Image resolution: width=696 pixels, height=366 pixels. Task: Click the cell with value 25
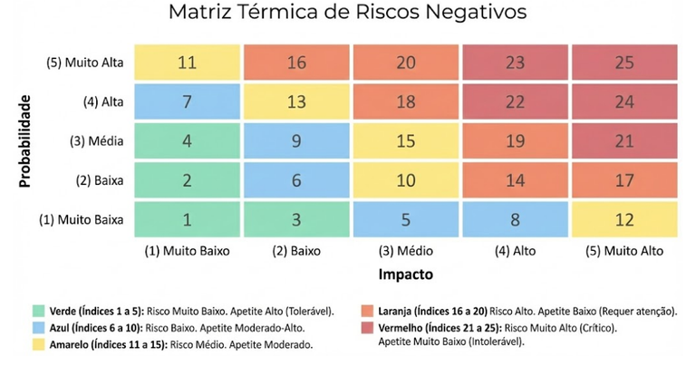pyautogui.click(x=623, y=63)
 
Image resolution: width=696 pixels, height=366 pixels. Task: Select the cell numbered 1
pyautogui.click(x=188, y=218)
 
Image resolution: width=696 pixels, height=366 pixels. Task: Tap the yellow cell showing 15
pyautogui.click(x=405, y=141)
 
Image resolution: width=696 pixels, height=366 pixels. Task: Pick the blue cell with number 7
pyautogui.click(x=188, y=102)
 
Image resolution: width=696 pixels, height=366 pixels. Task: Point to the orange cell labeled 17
pyautogui.click(x=623, y=180)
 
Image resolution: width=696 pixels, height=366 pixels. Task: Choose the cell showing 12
pyautogui.click(x=623, y=218)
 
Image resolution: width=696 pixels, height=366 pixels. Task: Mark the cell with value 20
pyautogui.click(x=405, y=63)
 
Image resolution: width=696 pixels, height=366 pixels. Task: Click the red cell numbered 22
pyautogui.click(x=515, y=102)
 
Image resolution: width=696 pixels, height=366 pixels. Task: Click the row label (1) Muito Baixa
pyautogui.click(x=84, y=219)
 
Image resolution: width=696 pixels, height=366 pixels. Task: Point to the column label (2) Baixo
pyautogui.click(x=296, y=250)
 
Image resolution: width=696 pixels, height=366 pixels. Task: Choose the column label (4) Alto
pyautogui.click(x=515, y=250)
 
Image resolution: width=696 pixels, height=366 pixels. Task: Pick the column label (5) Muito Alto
pyautogui.click(x=623, y=250)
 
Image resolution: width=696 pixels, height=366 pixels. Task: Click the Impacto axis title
pyautogui.click(x=405, y=273)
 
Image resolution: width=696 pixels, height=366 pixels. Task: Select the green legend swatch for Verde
pyautogui.click(x=38, y=312)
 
